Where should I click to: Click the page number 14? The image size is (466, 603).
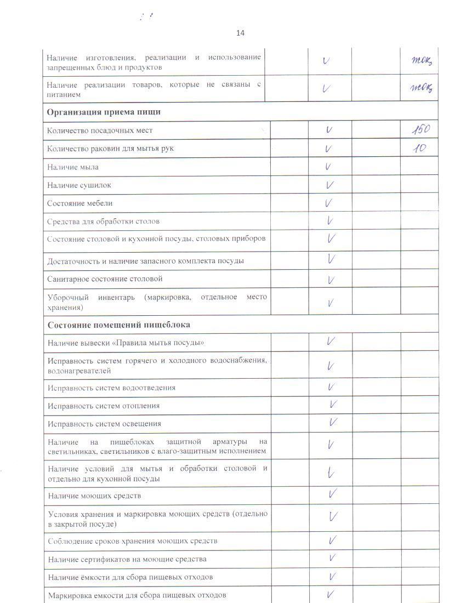(240, 33)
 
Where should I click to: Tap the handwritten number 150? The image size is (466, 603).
(420, 130)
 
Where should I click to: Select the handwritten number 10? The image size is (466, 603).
(419, 148)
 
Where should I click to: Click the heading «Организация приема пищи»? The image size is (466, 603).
(104, 112)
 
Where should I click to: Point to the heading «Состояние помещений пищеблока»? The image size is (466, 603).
(119, 325)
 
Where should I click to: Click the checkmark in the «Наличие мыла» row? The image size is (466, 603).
(328, 167)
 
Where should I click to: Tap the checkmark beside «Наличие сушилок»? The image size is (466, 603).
(329, 185)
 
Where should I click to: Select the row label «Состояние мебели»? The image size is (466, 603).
(79, 203)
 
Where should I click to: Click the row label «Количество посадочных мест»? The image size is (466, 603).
(100, 130)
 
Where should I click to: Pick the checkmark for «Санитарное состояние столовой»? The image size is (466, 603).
(331, 280)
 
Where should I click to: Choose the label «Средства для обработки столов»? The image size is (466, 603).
(104, 221)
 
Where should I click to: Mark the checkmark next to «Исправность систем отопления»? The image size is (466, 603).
(332, 405)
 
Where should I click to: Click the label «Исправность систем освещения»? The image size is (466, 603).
(104, 424)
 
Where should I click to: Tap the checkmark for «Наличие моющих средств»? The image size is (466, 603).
(332, 494)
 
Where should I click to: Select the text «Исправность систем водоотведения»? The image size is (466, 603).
(111, 388)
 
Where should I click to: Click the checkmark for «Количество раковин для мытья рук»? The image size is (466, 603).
(328, 148)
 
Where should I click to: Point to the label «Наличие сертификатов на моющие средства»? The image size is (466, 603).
(127, 559)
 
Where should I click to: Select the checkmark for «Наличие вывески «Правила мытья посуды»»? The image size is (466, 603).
(331, 341)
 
